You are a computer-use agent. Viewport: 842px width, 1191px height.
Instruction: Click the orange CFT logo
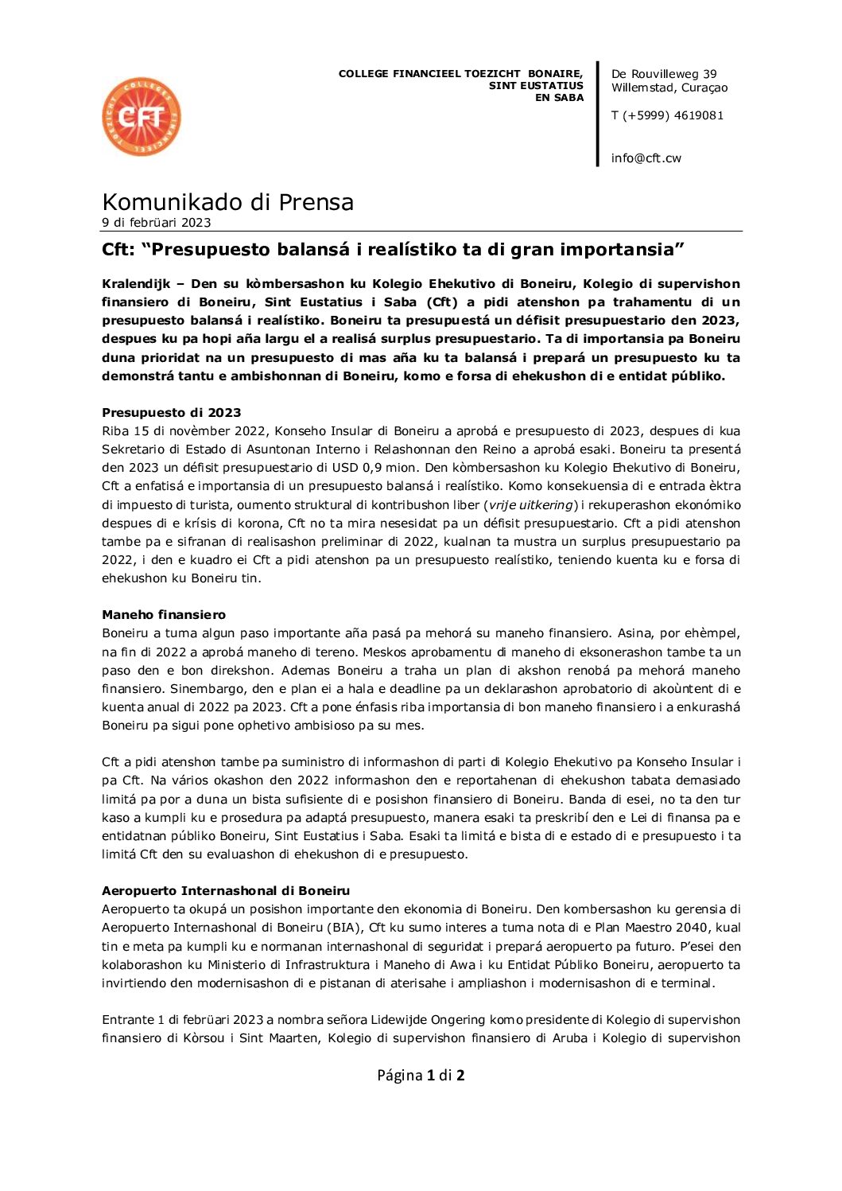click(142, 117)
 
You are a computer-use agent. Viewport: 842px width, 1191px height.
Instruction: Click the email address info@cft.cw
click(646, 158)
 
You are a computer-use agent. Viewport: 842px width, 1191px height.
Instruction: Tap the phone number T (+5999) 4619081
click(667, 115)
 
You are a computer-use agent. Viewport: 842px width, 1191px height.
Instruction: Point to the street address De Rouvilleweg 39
click(664, 74)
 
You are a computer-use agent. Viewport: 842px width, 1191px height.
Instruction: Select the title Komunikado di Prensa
click(227, 201)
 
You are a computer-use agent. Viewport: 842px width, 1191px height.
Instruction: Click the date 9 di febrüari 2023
click(156, 223)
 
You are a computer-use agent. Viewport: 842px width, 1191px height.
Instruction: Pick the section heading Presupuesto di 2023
click(171, 412)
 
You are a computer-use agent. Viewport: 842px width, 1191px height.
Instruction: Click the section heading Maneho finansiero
click(164, 614)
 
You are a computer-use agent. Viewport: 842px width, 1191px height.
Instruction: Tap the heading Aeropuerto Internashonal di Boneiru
click(226, 890)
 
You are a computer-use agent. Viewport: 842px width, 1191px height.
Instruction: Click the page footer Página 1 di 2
click(421, 1075)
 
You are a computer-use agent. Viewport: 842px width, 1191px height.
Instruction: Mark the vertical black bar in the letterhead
click(598, 114)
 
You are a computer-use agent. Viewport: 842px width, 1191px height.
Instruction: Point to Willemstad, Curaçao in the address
click(669, 88)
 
